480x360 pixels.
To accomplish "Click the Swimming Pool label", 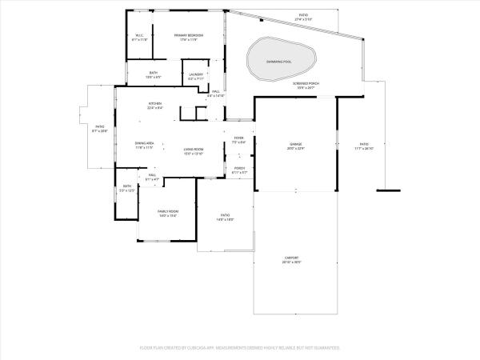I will (278, 61).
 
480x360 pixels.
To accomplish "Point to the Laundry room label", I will (196, 77).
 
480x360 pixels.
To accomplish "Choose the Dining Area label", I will (144, 145).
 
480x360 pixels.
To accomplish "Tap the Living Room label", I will (194, 150).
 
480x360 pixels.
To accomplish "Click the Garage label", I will (296, 146).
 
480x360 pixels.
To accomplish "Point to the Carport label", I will (291, 260).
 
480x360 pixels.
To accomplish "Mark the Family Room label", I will (167, 213).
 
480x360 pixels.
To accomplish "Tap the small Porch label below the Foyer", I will (239, 170).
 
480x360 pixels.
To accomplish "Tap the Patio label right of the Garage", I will (364, 146).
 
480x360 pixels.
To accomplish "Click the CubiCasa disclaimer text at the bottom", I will (240, 348).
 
